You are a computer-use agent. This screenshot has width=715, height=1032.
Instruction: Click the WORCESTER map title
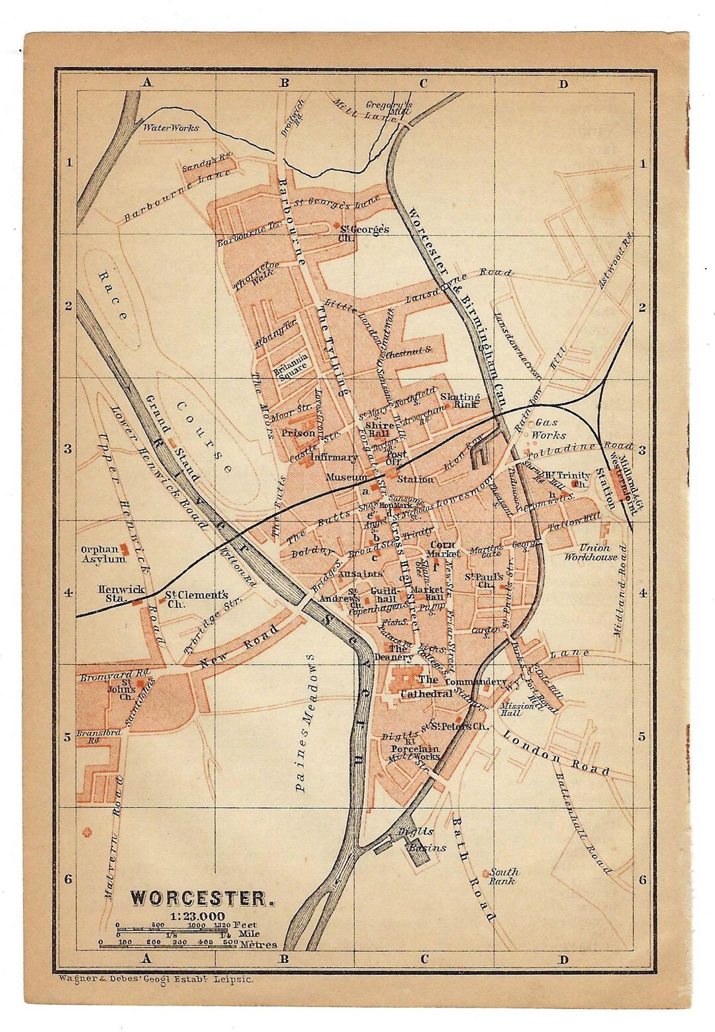coord(201,898)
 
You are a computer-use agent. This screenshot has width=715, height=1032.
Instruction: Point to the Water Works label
coord(171,128)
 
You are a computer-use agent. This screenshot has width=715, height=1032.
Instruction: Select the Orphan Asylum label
coord(104,554)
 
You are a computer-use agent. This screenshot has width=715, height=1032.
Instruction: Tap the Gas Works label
coord(548,428)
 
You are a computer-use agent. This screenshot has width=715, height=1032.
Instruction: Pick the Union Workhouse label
coord(591,552)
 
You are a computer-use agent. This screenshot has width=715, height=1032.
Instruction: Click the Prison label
coord(298,433)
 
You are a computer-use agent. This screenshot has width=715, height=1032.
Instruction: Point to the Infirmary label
coord(334,457)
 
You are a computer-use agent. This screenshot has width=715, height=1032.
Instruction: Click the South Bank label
coord(504,876)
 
